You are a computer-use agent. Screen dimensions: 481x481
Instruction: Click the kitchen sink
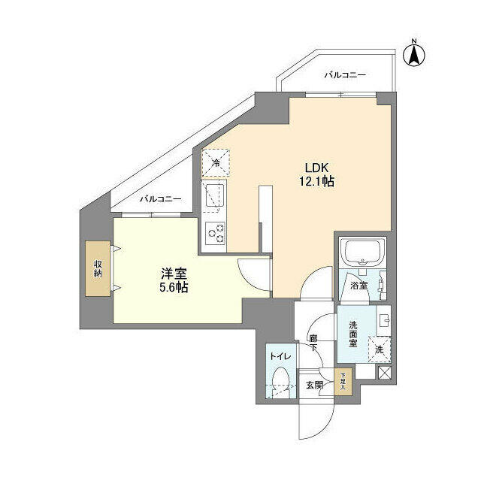coord(216,195)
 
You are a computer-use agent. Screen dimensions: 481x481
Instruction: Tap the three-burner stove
coord(216,234)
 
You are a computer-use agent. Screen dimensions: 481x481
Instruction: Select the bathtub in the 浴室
coord(363,253)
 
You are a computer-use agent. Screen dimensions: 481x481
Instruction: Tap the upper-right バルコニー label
coord(345,75)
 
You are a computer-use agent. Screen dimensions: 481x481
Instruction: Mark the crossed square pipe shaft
coord(384,371)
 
